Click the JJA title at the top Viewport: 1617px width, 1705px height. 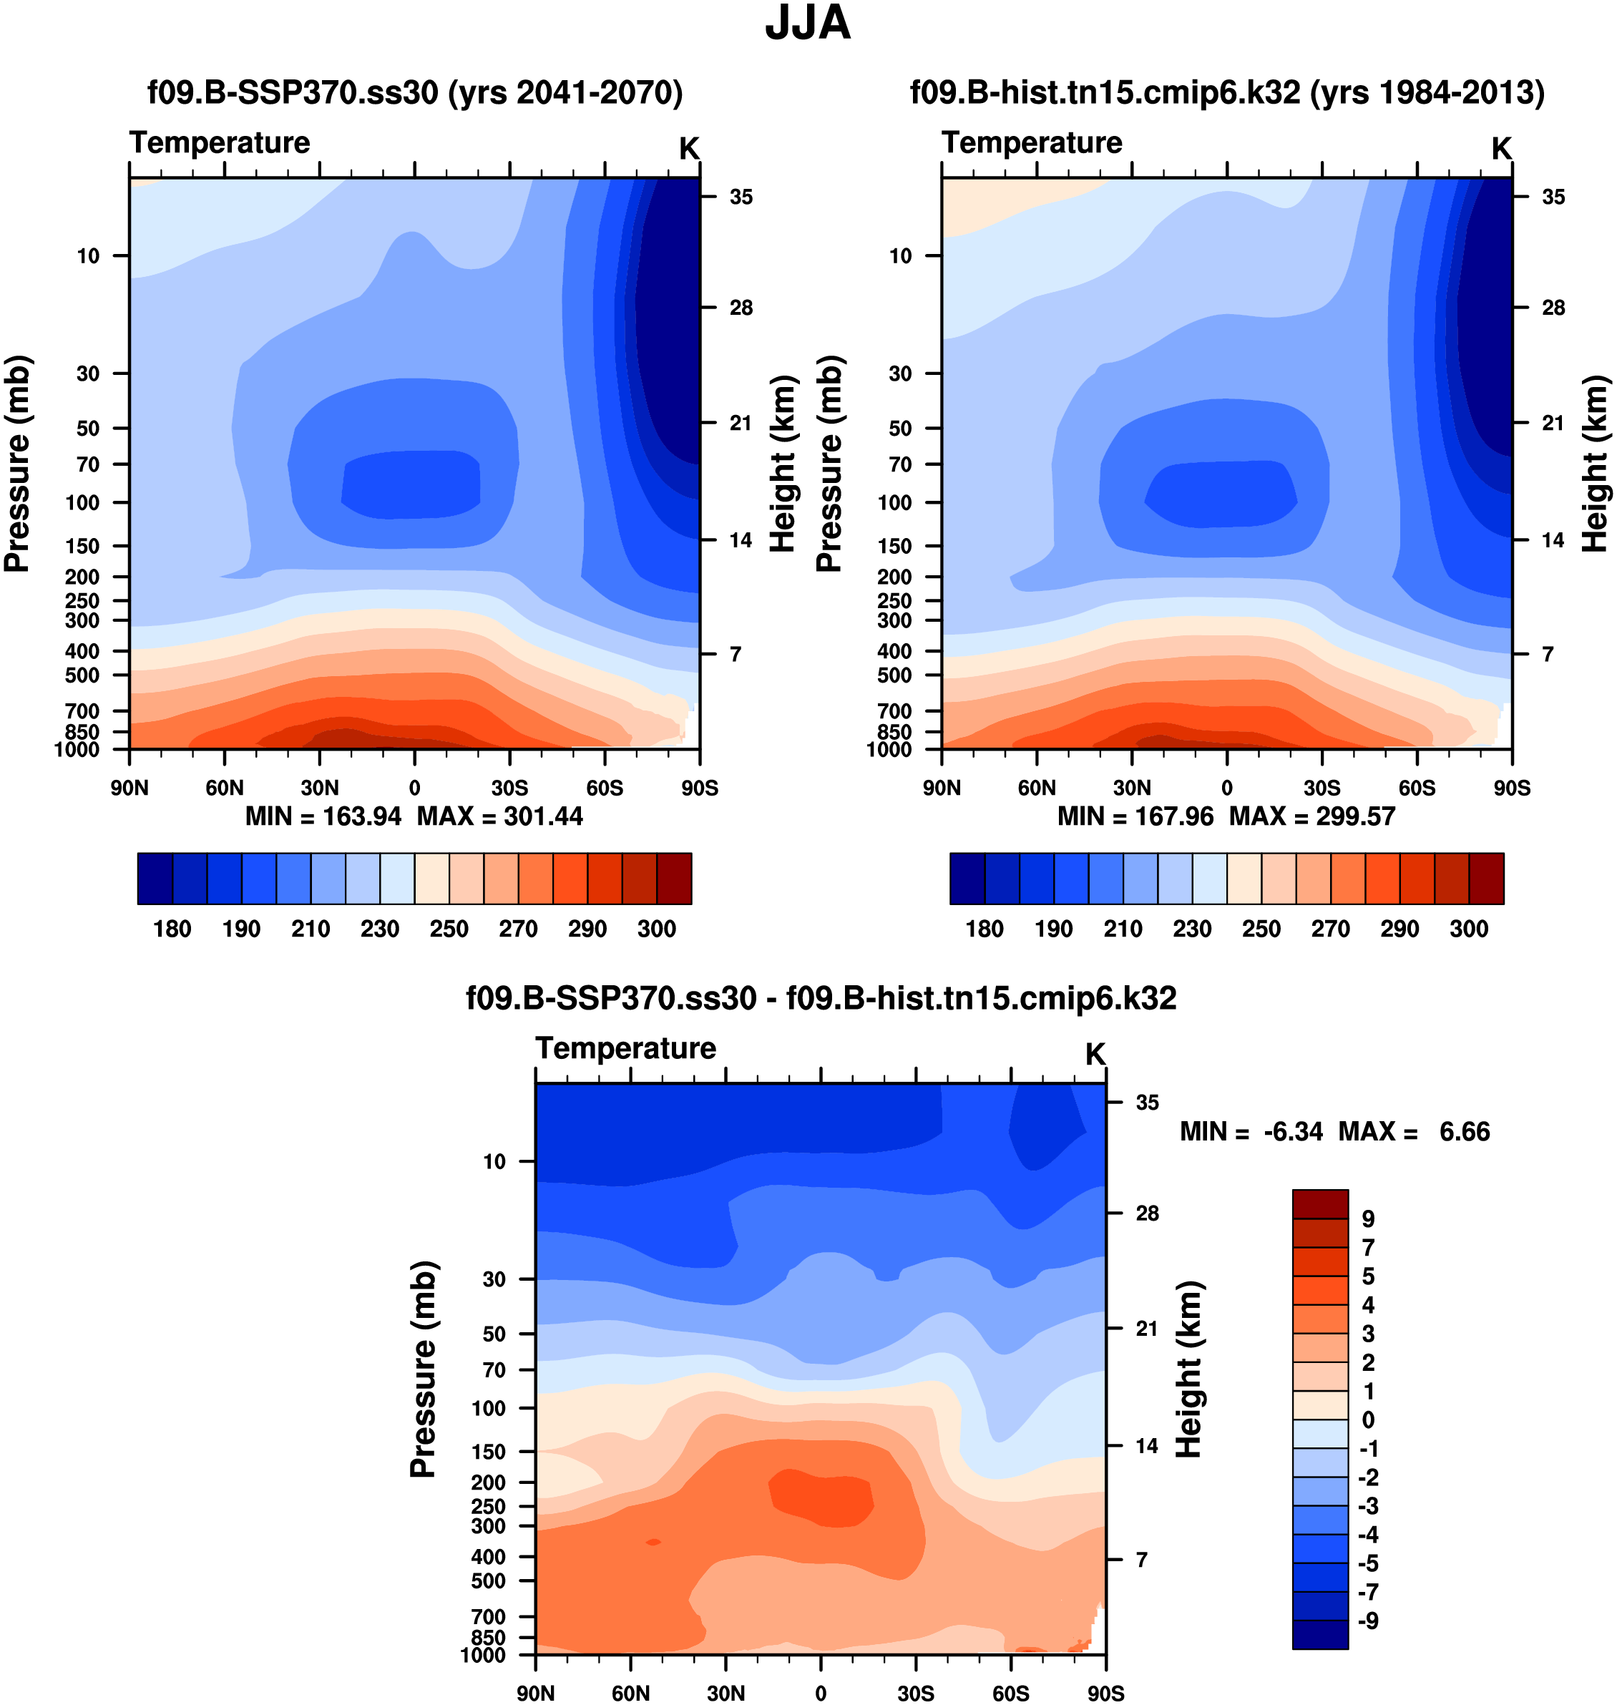point(808,24)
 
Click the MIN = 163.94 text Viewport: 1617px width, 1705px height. point(323,816)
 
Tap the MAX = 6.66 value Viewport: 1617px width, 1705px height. point(1414,1132)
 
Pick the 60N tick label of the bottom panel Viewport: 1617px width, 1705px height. point(630,1693)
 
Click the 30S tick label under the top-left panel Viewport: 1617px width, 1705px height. point(509,788)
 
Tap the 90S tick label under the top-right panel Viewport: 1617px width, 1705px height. point(1512,788)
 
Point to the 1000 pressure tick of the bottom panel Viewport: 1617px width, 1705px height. point(483,1654)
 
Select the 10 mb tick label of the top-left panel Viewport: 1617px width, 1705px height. point(88,256)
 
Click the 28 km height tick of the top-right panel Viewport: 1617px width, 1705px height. point(1553,308)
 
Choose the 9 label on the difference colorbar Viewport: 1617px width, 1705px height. point(1368,1219)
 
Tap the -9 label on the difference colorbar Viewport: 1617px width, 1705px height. point(1368,1621)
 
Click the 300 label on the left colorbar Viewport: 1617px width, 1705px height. point(656,929)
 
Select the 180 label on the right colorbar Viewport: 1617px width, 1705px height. point(985,929)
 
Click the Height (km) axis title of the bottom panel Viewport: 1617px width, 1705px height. point(1188,1369)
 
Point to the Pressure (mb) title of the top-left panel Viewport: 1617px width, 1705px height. point(17,464)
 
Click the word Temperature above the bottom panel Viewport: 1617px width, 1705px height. point(626,1048)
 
